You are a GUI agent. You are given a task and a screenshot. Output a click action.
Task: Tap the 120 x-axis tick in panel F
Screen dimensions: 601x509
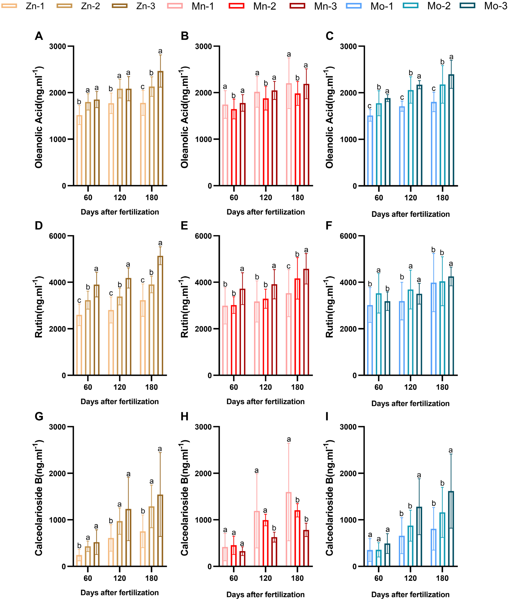click(x=410, y=387)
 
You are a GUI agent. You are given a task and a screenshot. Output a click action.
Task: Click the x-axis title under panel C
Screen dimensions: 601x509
click(x=410, y=214)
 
